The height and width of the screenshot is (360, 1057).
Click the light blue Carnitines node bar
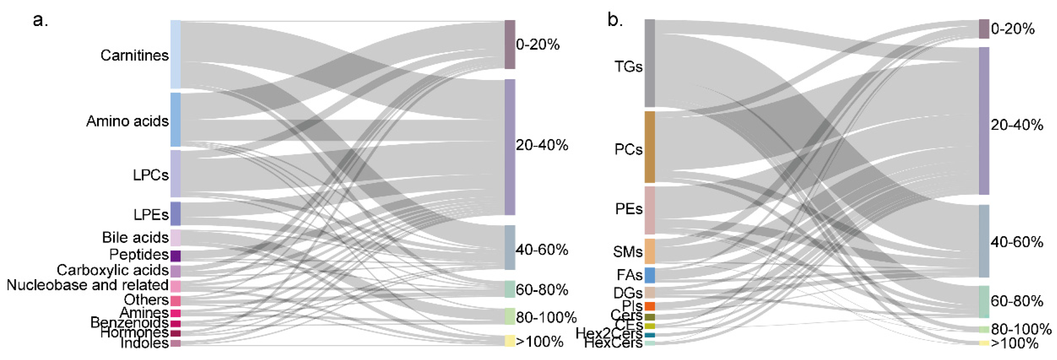point(175,54)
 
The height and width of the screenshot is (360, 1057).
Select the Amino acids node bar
point(175,119)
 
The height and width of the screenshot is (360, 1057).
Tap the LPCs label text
point(150,175)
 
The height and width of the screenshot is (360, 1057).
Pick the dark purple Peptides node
point(175,256)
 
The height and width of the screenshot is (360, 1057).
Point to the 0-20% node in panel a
point(510,44)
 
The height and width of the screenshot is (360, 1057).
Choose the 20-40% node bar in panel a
point(510,147)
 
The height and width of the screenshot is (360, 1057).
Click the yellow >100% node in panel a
point(510,341)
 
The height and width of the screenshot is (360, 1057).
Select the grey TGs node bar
point(650,63)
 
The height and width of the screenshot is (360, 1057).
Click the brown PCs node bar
point(650,147)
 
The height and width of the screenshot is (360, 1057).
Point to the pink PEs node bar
point(650,210)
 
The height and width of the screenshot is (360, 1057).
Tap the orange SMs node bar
point(650,251)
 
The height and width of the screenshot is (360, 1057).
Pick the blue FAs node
point(650,275)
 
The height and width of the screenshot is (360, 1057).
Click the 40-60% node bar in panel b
point(984,241)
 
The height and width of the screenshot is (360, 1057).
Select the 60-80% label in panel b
point(1016,301)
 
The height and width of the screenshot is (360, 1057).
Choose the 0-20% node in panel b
point(984,29)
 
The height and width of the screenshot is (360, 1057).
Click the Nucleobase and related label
point(87,285)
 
